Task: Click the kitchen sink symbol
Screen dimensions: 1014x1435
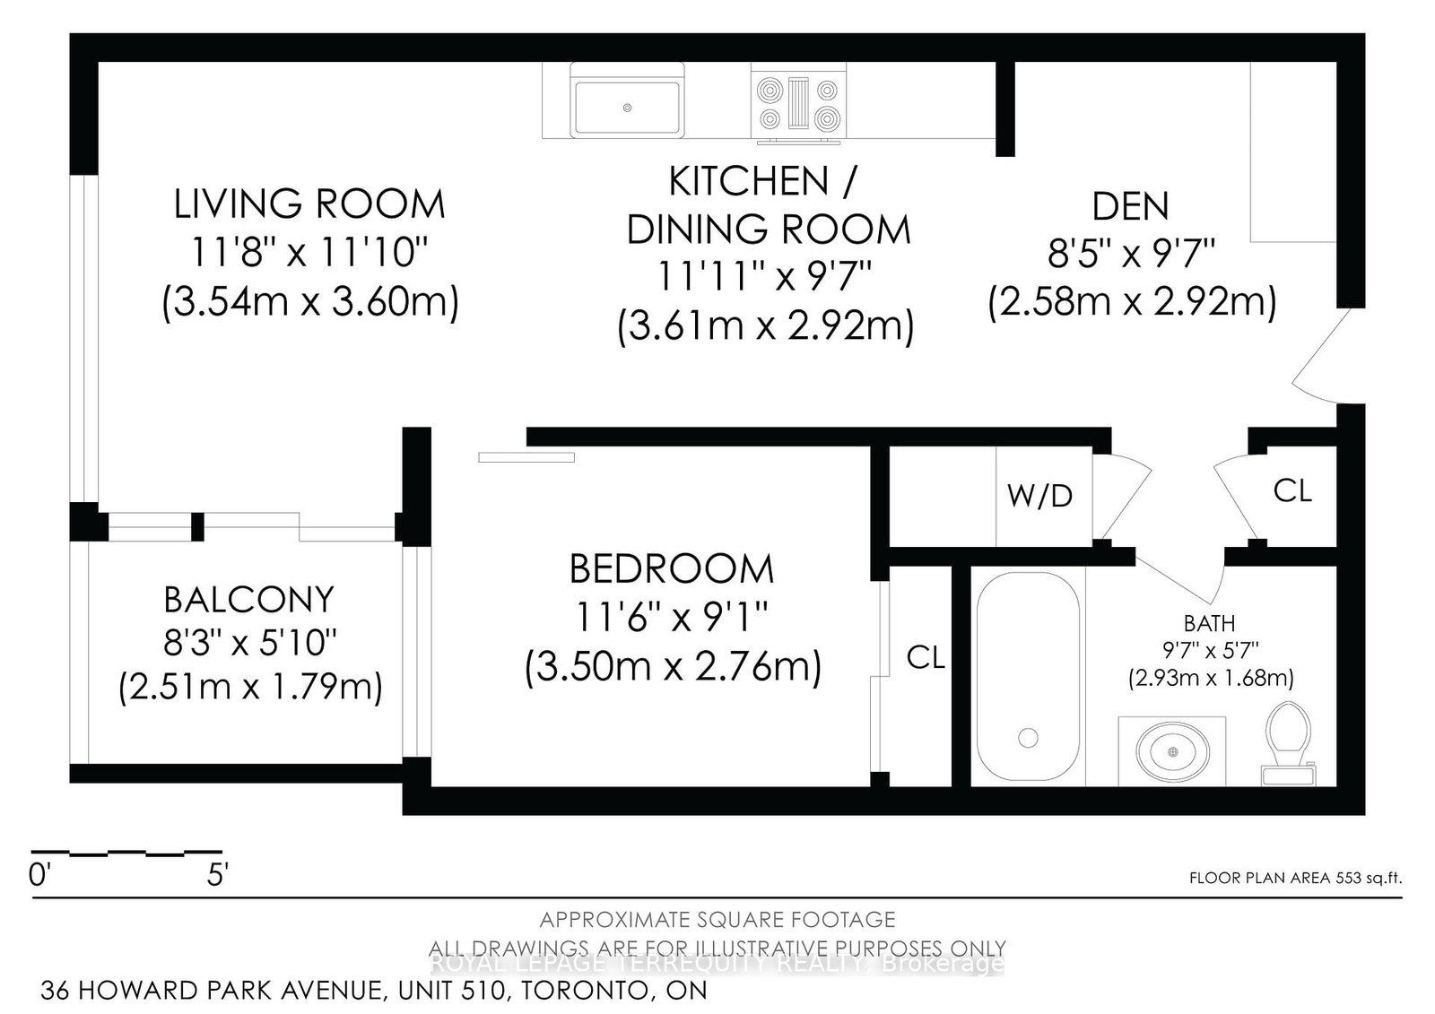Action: pyautogui.click(x=627, y=107)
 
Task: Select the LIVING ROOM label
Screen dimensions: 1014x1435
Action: pyautogui.click(x=309, y=205)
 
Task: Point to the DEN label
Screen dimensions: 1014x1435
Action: pyautogui.click(x=1130, y=207)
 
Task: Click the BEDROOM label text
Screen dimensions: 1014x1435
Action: pyautogui.click(x=671, y=569)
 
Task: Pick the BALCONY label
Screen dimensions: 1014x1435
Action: pyautogui.click(x=248, y=599)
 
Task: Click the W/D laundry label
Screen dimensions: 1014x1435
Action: pyautogui.click(x=1039, y=496)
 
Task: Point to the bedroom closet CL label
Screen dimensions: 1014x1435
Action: pyautogui.click(x=926, y=658)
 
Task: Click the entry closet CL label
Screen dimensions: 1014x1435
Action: pyautogui.click(x=1292, y=490)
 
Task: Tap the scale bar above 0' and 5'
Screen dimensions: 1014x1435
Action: pyautogui.click(x=126, y=852)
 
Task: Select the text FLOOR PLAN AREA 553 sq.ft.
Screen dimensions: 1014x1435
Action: pyautogui.click(x=1294, y=879)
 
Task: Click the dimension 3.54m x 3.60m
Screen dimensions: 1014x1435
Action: pyautogui.click(x=310, y=302)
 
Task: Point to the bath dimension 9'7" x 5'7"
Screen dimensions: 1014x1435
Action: pyautogui.click(x=1210, y=650)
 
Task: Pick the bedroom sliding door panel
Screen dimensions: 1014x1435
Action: pyautogui.click(x=526, y=457)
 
